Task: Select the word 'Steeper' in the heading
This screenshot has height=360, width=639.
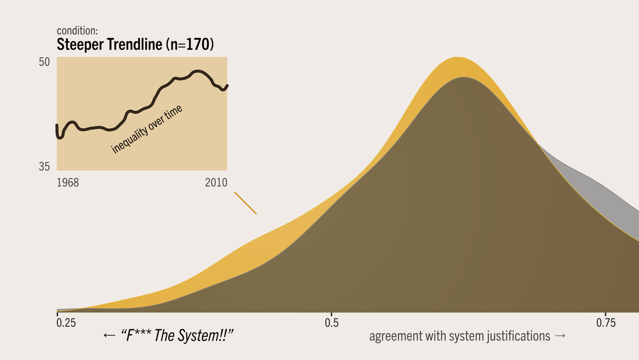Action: click(x=80, y=45)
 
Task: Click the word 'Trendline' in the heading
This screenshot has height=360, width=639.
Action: click(x=134, y=45)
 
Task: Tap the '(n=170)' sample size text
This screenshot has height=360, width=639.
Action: click(x=190, y=45)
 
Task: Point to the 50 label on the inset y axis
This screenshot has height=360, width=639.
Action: click(x=44, y=62)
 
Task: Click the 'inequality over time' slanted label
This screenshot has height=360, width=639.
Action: click(x=146, y=129)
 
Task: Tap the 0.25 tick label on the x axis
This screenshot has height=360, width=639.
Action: click(x=66, y=323)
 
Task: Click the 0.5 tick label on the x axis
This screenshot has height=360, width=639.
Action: click(x=331, y=323)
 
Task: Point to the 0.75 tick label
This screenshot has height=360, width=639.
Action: click(x=605, y=323)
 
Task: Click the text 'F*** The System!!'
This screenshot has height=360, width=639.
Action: click(x=178, y=336)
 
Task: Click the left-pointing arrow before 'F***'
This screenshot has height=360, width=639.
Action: click(x=109, y=336)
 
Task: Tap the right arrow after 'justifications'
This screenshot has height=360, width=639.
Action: click(x=560, y=336)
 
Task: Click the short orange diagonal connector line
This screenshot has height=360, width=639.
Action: click(x=245, y=203)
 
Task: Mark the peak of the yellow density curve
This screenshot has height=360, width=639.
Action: click(x=457, y=58)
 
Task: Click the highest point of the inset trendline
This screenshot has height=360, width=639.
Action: click(x=198, y=71)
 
